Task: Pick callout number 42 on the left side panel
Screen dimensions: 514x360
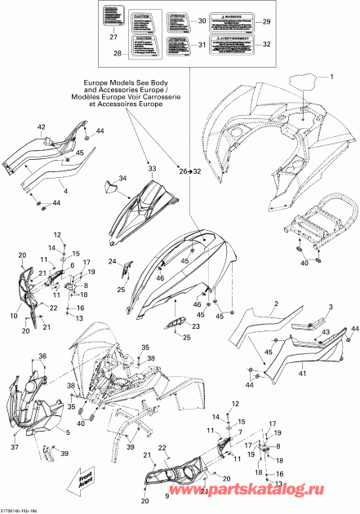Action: (x=42, y=126)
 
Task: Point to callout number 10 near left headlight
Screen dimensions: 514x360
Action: (x=14, y=314)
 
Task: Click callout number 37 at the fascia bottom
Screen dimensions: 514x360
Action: (x=15, y=447)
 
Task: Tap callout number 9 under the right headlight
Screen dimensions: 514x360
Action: (x=168, y=494)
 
